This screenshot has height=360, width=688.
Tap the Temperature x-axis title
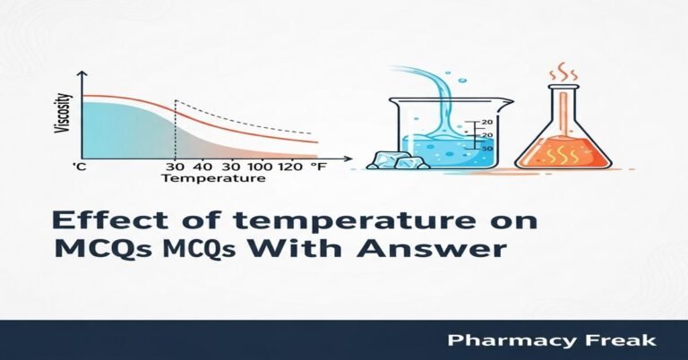tap(213, 178)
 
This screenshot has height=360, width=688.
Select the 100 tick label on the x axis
tap(259, 167)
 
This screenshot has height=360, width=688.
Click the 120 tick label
tap(289, 167)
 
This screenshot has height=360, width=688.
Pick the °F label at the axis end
tap(318, 167)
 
